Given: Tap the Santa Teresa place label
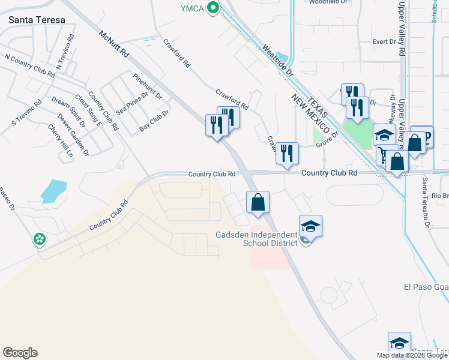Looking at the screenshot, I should [x=37, y=20].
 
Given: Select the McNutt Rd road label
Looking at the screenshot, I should [x=115, y=44].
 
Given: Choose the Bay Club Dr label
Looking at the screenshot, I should [x=154, y=120].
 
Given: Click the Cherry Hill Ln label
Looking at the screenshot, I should [x=61, y=141].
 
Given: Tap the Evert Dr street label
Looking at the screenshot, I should [x=384, y=41].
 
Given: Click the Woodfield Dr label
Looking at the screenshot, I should [x=328, y=2].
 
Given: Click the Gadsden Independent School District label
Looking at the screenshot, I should [x=256, y=238].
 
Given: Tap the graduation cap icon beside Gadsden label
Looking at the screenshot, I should [x=310, y=226].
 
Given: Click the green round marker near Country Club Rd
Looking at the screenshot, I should [x=40, y=239].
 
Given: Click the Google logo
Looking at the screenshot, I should [x=20, y=353].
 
